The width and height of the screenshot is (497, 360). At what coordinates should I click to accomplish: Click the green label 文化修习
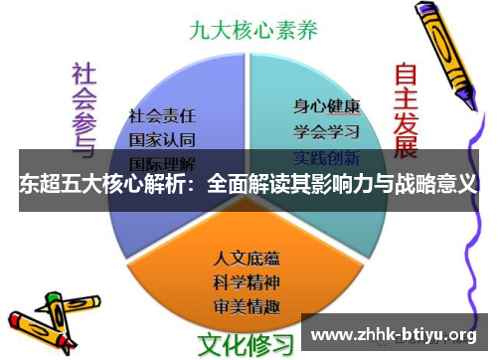point(247,343)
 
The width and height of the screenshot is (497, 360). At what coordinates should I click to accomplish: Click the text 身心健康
point(326,104)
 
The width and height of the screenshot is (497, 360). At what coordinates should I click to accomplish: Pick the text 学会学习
point(326,130)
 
